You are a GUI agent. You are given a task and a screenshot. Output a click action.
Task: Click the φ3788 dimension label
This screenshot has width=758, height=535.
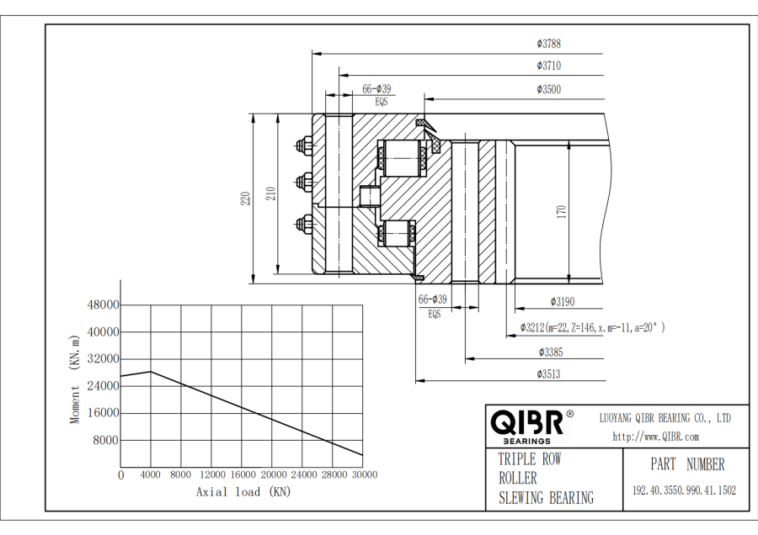(548, 42)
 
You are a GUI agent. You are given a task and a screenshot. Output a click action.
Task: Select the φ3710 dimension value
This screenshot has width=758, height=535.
(548, 66)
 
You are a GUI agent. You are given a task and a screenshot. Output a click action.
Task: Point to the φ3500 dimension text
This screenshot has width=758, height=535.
(548, 89)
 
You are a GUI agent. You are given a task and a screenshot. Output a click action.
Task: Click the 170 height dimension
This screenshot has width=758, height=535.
(561, 211)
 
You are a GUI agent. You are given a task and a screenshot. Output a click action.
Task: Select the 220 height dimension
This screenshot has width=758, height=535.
(245, 199)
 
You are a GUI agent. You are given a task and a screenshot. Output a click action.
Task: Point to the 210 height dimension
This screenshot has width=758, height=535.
(270, 193)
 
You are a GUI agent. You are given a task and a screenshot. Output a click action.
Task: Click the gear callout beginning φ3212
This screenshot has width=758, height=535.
(592, 327)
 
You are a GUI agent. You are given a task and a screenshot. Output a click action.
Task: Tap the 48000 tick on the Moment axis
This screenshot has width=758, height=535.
(104, 305)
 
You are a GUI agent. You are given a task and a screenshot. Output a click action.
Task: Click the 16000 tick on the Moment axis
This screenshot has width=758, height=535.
(104, 413)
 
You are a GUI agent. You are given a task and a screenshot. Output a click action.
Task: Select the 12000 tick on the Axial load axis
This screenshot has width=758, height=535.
(212, 475)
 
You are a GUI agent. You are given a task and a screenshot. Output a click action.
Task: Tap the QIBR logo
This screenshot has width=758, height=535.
(527, 425)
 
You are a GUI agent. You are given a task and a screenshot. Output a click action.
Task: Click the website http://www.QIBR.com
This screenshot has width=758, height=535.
(655, 437)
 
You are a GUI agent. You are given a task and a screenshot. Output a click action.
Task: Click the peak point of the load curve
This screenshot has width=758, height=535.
(151, 371)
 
